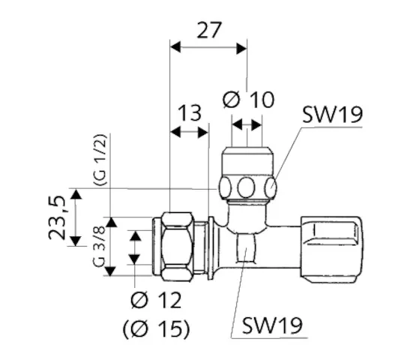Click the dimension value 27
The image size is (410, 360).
click(208, 31)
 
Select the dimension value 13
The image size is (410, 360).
click(190, 113)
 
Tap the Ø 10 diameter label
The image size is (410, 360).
click(249, 99)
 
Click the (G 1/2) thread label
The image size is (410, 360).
click(98, 160)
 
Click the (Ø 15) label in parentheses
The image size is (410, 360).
click(156, 328)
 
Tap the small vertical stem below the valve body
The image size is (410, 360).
click(246, 247)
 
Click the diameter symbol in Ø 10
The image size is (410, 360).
click(232, 99)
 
